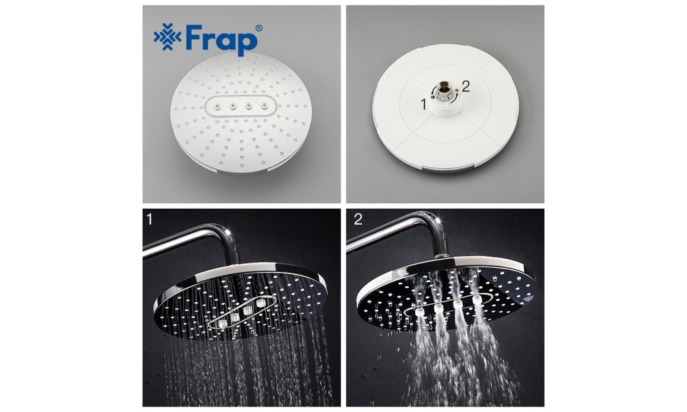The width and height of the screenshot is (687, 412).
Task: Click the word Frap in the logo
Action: coord(221,39)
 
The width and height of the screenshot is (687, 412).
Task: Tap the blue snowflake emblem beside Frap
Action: coord(168,37)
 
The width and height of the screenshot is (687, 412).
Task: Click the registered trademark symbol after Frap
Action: coord(258,28)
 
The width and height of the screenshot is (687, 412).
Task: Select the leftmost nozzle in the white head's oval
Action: coord(217,106)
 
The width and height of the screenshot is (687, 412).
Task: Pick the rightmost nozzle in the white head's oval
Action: coord(264,106)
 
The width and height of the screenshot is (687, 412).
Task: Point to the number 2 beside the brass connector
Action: coord(465,87)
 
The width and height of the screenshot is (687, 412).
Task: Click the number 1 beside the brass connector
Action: coord(423,104)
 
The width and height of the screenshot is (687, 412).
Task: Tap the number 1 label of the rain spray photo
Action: coord(149,218)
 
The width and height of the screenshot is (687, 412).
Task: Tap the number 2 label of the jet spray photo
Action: coord(358,218)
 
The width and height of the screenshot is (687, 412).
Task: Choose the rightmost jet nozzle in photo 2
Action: coord(477,299)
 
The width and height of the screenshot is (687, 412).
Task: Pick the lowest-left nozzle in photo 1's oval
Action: coord(223,324)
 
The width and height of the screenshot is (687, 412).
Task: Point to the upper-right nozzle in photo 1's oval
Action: coord(262,303)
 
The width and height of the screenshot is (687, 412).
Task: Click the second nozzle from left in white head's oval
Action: coord(233,106)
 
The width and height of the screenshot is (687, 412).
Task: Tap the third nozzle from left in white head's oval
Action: coord(249,106)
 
